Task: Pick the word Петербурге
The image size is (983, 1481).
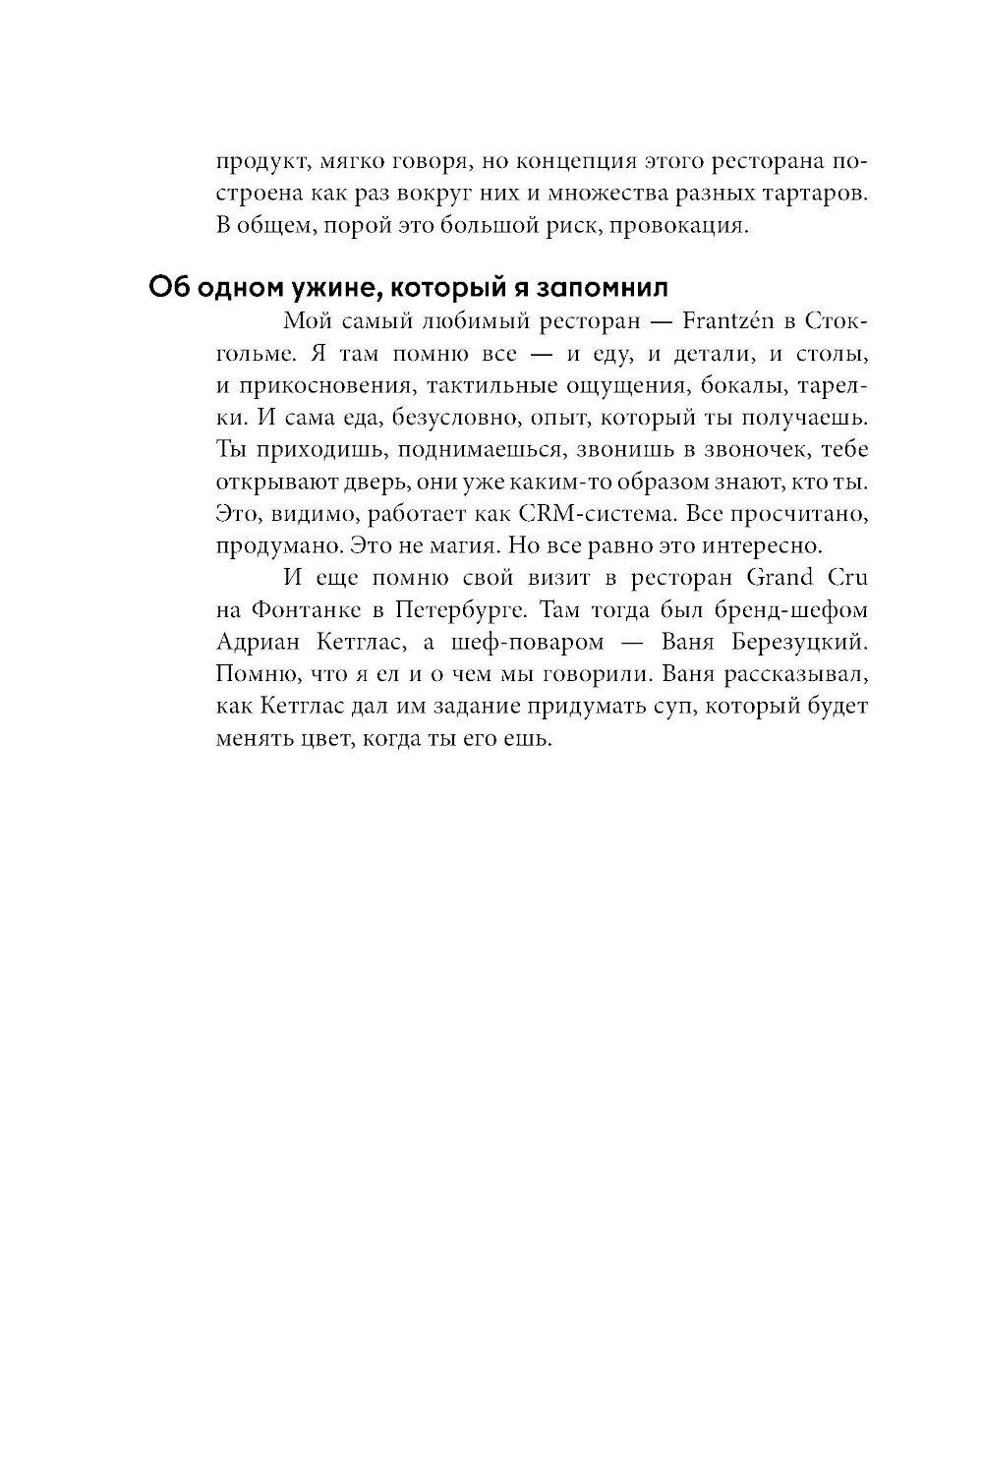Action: (x=460, y=609)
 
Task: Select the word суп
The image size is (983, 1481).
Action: (x=678, y=706)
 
